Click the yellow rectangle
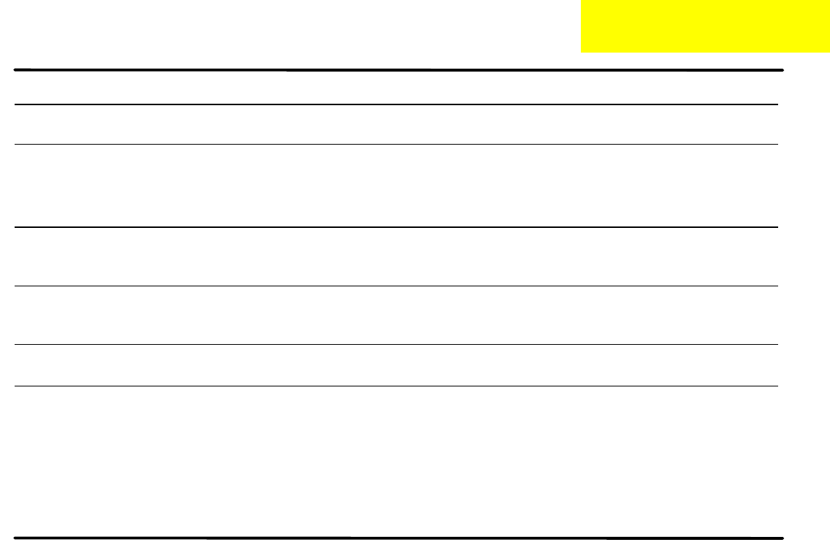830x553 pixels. click(x=705, y=26)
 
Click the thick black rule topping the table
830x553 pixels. click(x=398, y=70)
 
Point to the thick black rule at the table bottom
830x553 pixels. click(x=398, y=538)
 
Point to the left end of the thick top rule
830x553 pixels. click(x=16, y=70)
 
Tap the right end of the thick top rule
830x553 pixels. click(x=782, y=70)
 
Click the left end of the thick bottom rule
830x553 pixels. click(x=16, y=538)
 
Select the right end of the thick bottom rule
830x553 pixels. click(x=782, y=538)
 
